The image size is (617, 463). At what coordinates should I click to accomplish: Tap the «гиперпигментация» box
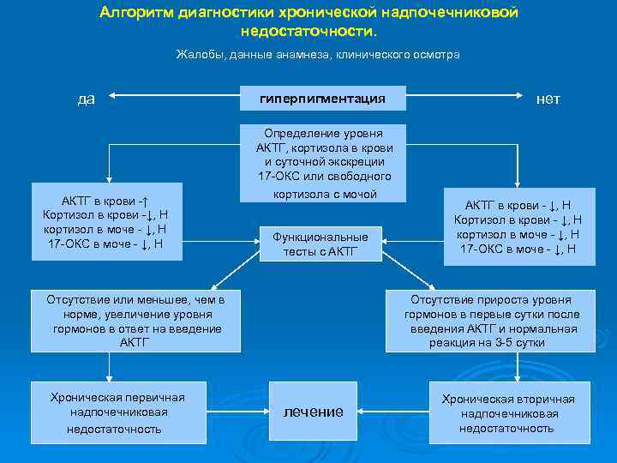pos(321,99)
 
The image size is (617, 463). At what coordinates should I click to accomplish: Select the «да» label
pos(86,99)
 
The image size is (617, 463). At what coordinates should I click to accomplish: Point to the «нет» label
pos(548,99)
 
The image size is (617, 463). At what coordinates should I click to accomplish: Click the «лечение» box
pos(314,412)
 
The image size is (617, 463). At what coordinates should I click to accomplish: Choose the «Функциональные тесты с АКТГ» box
pos(320,243)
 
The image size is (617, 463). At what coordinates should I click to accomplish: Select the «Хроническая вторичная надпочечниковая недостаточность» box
pos(507,412)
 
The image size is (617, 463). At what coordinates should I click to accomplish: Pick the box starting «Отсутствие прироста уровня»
pos(490,321)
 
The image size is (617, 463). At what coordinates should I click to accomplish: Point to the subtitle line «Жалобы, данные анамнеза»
pos(318,54)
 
